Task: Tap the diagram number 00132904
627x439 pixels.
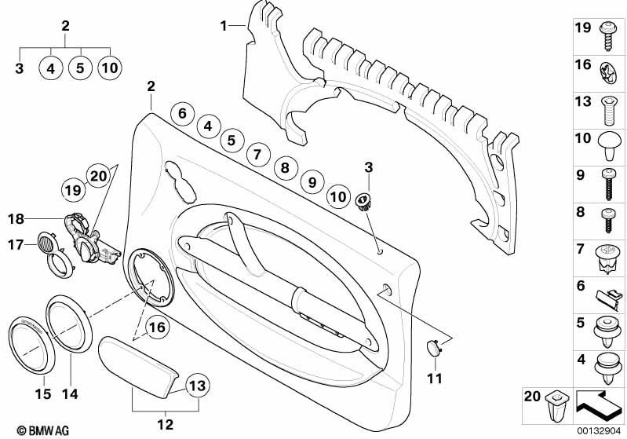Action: [600, 430]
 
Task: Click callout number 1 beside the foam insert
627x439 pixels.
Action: [224, 25]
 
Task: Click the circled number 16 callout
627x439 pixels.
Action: [157, 326]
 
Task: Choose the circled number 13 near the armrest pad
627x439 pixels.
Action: [198, 385]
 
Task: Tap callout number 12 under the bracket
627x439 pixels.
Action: [165, 425]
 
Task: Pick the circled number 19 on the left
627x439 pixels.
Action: [72, 190]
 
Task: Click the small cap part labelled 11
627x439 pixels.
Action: [433, 347]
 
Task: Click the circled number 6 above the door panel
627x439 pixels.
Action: [182, 113]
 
